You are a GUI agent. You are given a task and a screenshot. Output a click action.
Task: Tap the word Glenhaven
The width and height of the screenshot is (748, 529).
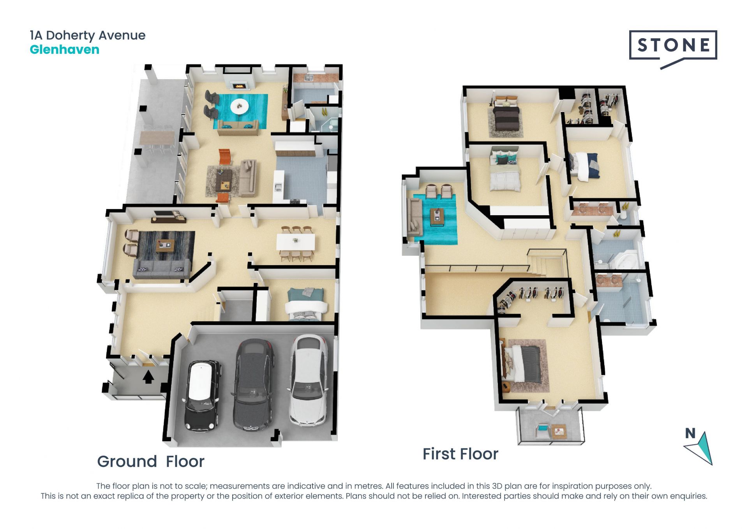65,50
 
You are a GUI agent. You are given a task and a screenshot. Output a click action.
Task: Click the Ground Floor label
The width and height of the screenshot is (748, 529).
150,462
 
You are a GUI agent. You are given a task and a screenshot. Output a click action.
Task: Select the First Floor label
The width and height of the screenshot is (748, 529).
460,454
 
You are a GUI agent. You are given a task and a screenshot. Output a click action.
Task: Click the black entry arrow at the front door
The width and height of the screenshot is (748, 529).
148,377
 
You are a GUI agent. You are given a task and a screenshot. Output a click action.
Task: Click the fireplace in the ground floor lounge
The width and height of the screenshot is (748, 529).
239,85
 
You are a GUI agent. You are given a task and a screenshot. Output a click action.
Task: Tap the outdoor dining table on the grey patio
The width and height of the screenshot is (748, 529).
157,138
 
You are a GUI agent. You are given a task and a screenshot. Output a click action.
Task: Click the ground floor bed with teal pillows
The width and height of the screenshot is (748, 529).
305,304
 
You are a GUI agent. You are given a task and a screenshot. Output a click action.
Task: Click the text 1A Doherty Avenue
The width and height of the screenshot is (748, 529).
88,35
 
